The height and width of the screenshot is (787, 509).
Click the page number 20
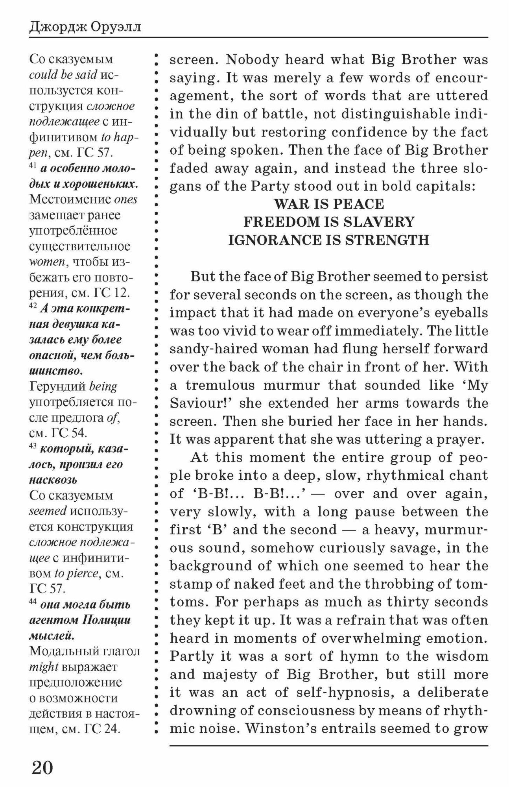click(42, 767)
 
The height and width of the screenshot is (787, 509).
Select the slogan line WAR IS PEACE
click(328, 204)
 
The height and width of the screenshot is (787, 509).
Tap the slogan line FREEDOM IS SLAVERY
click(328, 222)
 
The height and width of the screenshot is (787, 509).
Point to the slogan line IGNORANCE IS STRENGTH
click(328, 240)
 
